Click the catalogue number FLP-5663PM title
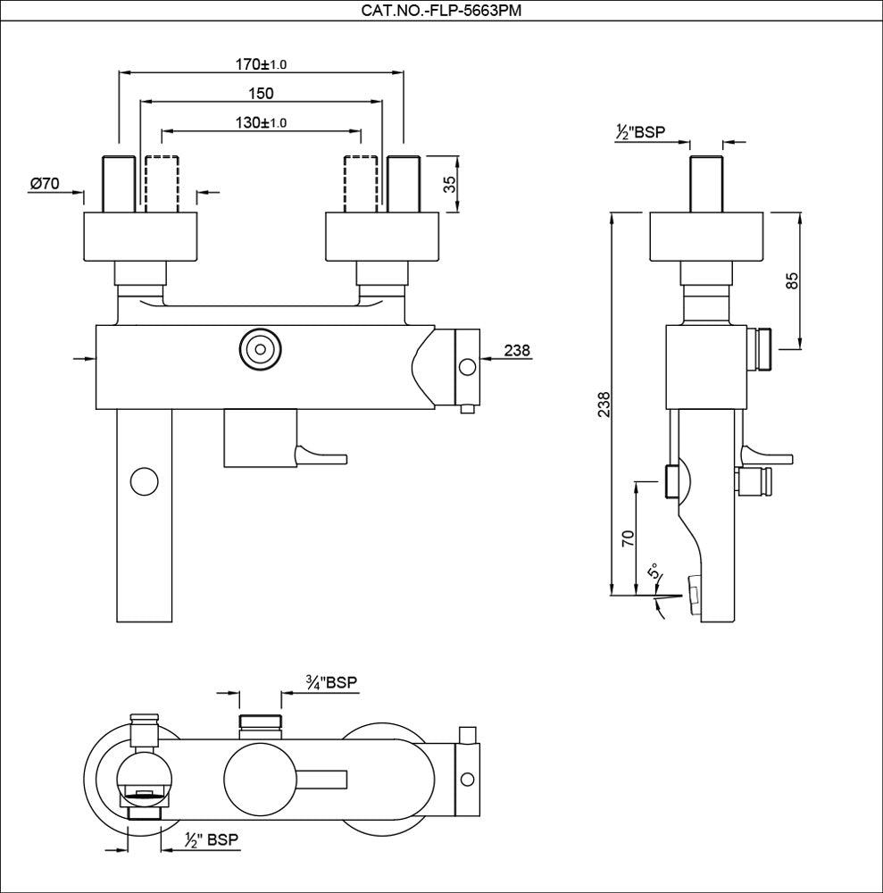click(x=441, y=10)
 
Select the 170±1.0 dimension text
click(x=262, y=64)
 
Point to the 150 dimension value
click(x=262, y=93)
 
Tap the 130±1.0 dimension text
click(x=262, y=122)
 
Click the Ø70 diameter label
click(x=45, y=183)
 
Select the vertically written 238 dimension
click(x=604, y=405)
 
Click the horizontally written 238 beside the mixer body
click(x=517, y=350)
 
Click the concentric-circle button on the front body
click(x=259, y=348)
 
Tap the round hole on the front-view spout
click(x=143, y=480)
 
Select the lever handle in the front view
click(x=321, y=456)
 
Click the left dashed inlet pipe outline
click(x=162, y=184)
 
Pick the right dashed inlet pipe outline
click(x=361, y=184)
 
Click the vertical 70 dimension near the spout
click(x=627, y=538)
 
